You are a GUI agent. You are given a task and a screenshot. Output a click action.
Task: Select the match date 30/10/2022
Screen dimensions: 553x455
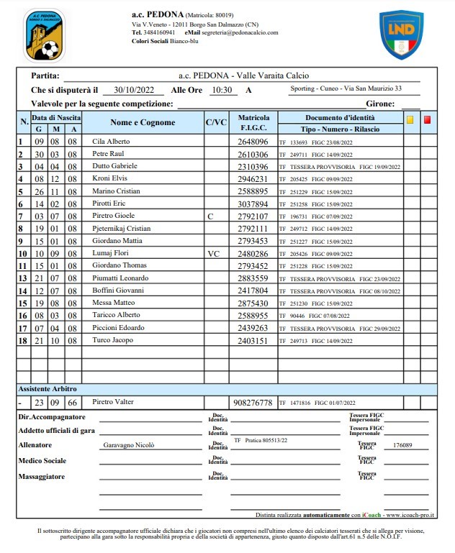(133, 91)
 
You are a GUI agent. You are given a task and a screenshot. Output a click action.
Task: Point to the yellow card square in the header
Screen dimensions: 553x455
(410, 120)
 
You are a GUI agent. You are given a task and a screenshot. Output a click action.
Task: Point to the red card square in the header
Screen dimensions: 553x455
(427, 120)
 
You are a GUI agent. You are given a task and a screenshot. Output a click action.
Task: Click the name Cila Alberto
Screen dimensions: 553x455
(111, 142)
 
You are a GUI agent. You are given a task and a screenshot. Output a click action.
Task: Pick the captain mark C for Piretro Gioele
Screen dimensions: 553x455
(210, 216)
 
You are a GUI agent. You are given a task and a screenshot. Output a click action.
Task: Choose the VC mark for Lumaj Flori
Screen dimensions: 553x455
(212, 253)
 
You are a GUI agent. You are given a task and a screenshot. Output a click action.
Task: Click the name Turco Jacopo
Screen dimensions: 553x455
(111, 340)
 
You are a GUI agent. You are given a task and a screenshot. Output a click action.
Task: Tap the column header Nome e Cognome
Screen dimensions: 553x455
(143, 122)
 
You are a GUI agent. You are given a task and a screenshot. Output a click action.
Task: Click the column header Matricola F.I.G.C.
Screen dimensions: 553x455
(253, 122)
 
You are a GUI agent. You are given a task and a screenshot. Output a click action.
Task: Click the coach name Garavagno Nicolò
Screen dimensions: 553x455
(129, 445)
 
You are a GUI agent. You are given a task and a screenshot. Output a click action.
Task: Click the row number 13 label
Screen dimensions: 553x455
(22, 278)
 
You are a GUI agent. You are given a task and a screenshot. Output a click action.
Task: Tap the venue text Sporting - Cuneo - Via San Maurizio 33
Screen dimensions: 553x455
(345, 89)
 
